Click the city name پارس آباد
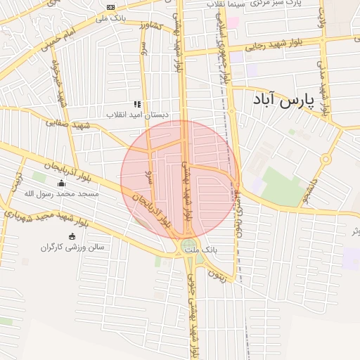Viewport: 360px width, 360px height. coord(281,101)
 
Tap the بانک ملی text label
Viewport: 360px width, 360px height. coord(113,18)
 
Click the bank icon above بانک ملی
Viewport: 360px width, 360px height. coord(110,7)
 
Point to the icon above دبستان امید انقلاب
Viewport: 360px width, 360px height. coord(137,104)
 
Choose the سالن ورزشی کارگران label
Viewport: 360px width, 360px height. coord(72,247)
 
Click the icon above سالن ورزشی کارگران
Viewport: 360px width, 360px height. coord(71,236)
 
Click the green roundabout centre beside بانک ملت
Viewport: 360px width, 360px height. coord(188,246)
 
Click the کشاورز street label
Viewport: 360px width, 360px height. coord(149,28)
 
